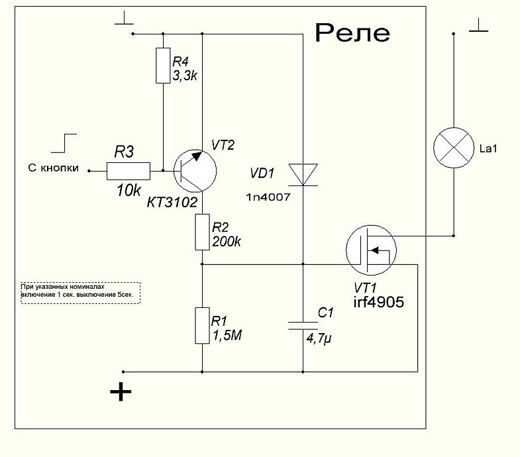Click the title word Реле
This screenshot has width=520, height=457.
point(352,33)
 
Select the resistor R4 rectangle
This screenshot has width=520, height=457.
point(163,66)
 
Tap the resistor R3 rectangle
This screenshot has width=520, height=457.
point(129,171)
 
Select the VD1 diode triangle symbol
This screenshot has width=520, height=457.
point(302,175)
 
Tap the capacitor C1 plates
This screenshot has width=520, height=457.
point(302,325)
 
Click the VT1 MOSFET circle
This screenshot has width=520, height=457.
point(370,251)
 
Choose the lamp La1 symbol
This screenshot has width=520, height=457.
point(454,148)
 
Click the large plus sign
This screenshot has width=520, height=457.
point(121,392)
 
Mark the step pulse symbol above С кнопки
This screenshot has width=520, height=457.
point(66,143)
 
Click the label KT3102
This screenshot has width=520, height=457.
point(172,203)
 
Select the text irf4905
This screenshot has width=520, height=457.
point(379,301)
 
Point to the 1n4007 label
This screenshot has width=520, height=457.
point(269,198)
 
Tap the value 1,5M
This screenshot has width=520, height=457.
point(227,336)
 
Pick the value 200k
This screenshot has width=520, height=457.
point(227,242)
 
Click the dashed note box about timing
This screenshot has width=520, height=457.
point(81,292)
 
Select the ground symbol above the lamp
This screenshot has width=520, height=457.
point(478,27)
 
